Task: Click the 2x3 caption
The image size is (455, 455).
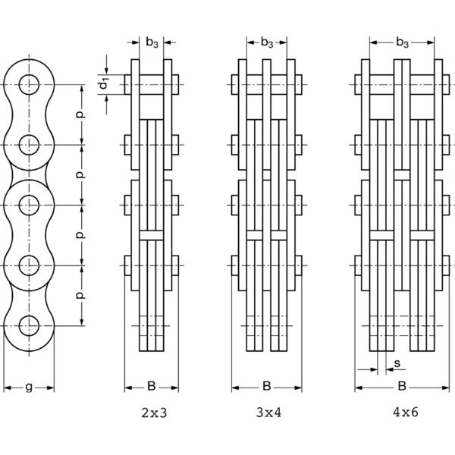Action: coord(154,413)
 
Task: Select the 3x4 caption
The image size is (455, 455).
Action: coord(268,413)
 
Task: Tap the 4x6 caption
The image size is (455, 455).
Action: coord(406,412)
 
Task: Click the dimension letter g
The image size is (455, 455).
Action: coord(29,387)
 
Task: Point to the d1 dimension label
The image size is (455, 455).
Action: coord(104,85)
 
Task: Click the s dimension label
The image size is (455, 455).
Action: coord(397,363)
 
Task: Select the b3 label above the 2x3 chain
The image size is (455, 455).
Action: coord(152,42)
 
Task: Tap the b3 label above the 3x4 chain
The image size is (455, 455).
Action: coord(267,42)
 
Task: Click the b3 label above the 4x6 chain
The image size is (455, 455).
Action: coord(402,42)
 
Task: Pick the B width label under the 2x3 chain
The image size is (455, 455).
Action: coord(152,386)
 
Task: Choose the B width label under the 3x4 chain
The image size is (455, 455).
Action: coord(267,386)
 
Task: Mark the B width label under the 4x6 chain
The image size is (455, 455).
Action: coord(402,386)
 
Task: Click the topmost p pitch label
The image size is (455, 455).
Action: coord(80,115)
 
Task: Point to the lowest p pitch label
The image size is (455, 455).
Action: coord(80,296)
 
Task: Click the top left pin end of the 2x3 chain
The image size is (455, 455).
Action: coord(127,85)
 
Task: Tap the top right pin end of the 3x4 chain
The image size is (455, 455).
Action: coord(298,85)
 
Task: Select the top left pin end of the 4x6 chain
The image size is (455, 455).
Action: coord(358,85)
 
